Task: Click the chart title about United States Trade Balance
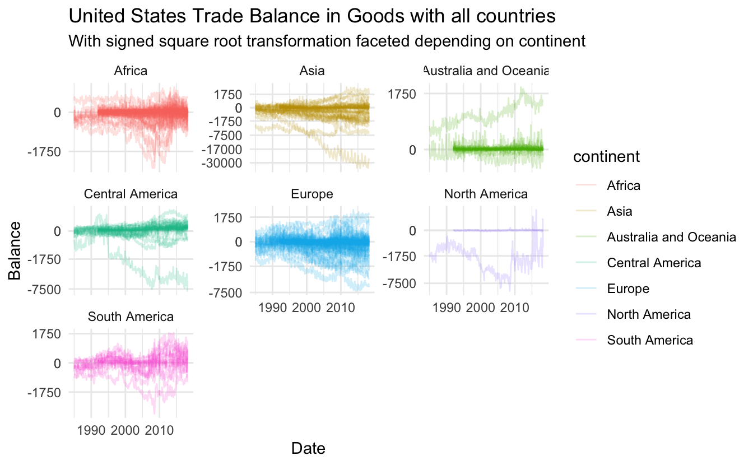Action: point(312,17)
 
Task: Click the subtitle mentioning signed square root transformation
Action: point(326,41)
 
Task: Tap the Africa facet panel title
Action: point(131,71)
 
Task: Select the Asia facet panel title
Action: point(312,71)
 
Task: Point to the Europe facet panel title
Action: point(312,194)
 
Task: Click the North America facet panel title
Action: point(486,194)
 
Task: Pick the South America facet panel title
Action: point(131,317)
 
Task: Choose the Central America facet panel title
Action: point(131,194)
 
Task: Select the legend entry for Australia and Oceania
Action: point(671,237)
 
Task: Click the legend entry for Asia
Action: point(619,211)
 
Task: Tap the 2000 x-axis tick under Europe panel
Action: point(306,308)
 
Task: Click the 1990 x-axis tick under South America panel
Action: point(91,431)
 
